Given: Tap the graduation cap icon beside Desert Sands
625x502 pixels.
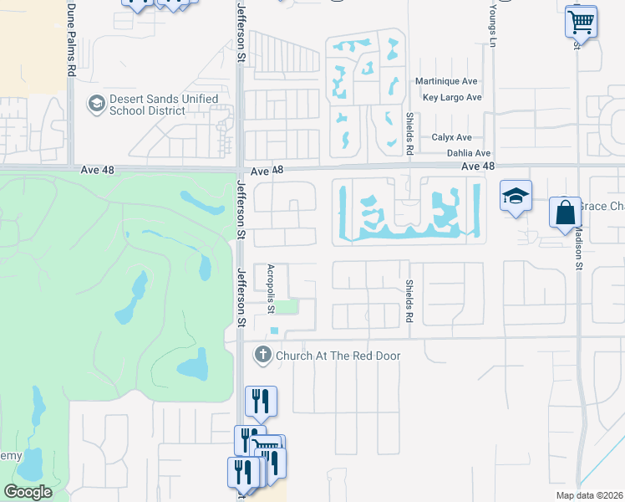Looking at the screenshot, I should (96, 105).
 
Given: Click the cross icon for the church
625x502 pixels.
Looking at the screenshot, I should (263, 355).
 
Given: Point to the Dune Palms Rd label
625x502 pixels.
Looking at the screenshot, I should (71, 39).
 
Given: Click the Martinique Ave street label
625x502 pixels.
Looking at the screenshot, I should (446, 81).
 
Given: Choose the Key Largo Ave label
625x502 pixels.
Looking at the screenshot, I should (452, 97).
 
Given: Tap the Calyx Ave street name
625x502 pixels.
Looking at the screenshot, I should (451, 137).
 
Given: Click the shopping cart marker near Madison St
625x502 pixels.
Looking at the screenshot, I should (581, 20).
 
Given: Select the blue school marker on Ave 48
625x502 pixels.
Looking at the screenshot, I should (516, 197).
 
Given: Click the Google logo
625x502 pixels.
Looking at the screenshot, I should (28, 492).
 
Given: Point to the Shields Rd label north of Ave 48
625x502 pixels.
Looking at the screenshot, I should (410, 134).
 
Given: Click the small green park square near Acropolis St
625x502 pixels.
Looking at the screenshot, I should (287, 307).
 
